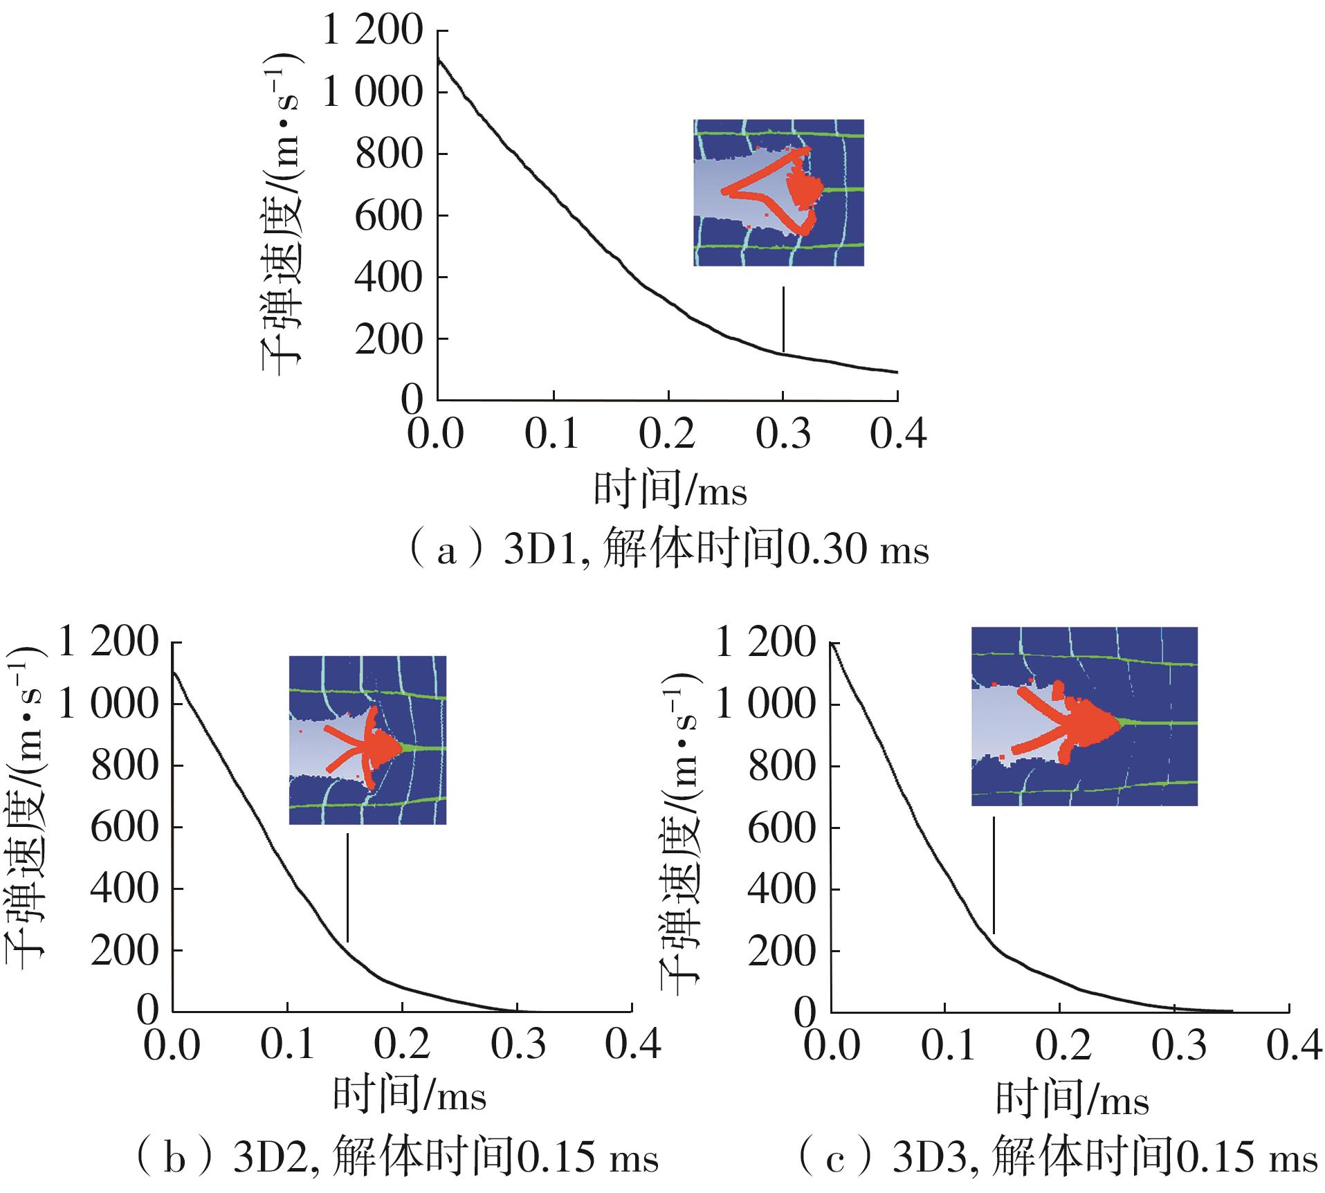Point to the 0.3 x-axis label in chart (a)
(x=783, y=435)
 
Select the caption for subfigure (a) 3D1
(x=668, y=551)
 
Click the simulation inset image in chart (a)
(x=778, y=192)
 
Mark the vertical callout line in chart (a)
(x=783, y=320)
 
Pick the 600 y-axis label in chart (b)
(x=125, y=827)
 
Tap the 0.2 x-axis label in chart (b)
(x=403, y=1046)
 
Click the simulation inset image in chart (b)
(x=367, y=740)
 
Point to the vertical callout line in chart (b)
(x=347, y=887)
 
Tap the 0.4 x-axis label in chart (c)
(x=1292, y=1046)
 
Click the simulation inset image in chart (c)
(x=1084, y=716)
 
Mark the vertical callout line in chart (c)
(x=994, y=875)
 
